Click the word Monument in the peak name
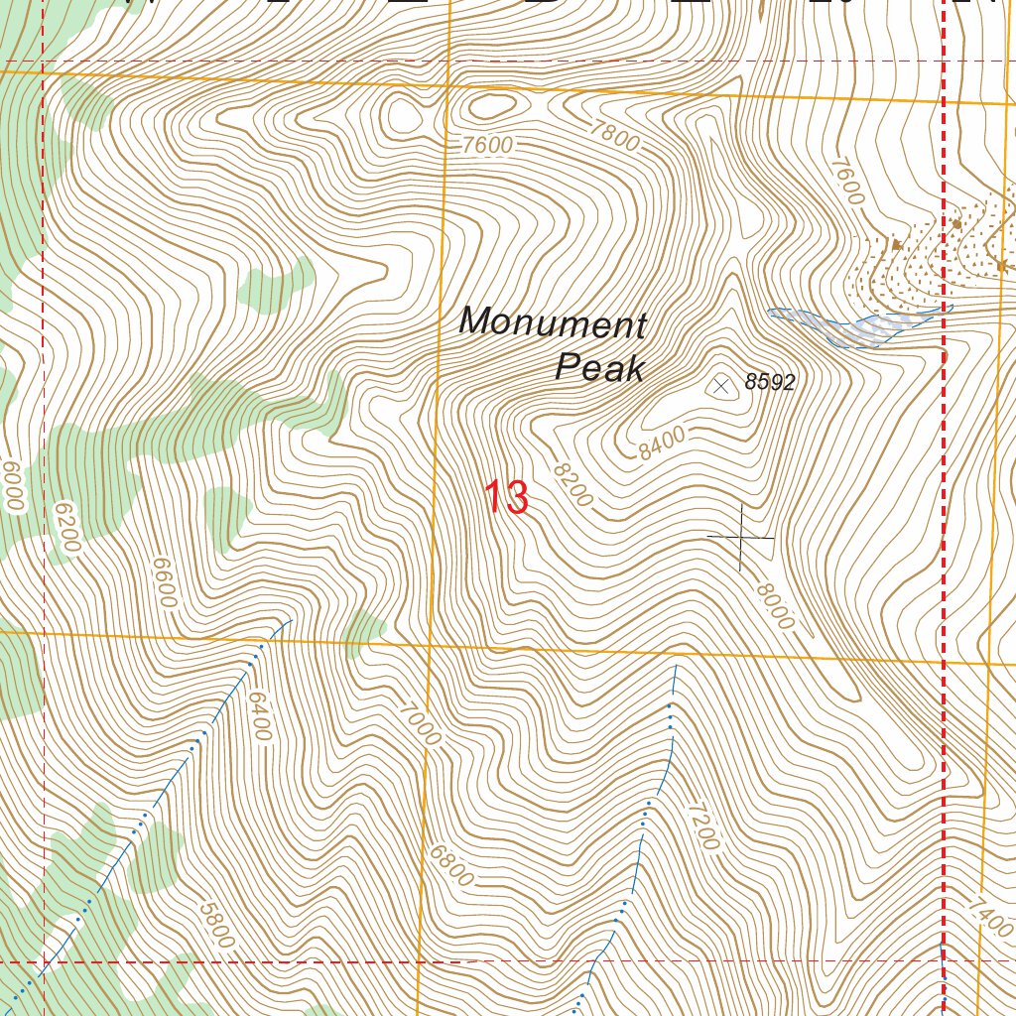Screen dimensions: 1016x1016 (x=553, y=322)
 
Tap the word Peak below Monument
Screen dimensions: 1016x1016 (x=599, y=368)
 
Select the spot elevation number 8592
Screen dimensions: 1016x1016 (x=770, y=383)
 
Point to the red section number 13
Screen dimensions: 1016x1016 (x=506, y=497)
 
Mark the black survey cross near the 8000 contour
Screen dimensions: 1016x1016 (x=741, y=537)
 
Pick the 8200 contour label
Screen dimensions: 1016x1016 (x=572, y=485)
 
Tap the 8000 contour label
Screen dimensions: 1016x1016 (x=775, y=605)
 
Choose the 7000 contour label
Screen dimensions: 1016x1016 (x=420, y=724)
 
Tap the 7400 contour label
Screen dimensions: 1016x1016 (x=992, y=916)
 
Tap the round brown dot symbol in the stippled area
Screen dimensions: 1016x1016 (x=956, y=224)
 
